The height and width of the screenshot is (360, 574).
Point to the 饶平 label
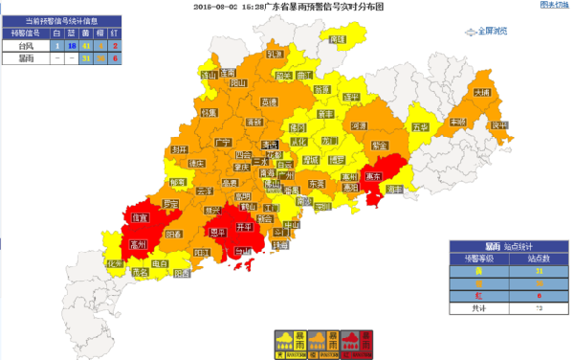[x=497, y=124]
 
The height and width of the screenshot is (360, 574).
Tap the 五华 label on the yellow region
[x=418, y=126]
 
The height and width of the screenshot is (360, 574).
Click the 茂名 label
[x=142, y=272]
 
